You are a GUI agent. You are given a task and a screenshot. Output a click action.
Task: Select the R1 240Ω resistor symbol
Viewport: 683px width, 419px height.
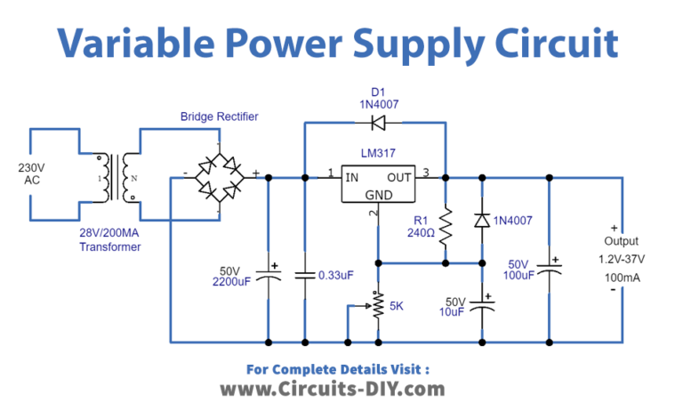(x=445, y=223)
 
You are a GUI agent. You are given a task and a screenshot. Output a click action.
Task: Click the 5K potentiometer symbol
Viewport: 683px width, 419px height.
(x=379, y=305)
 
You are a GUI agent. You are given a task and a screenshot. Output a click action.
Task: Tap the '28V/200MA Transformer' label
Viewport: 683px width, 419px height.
(x=105, y=240)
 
